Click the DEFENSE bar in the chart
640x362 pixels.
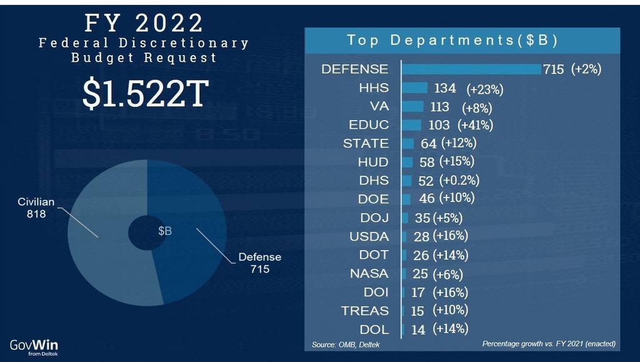471,69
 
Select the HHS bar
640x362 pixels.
414,88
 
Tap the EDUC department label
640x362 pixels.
371,125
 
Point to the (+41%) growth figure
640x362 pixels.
476,125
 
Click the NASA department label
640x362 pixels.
370,274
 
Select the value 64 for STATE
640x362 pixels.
428,144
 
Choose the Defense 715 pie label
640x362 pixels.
260,263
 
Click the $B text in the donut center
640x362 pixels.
164,231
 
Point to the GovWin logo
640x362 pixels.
34,346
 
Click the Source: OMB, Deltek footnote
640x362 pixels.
346,344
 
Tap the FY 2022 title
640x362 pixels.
144,23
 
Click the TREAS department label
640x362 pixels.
365,311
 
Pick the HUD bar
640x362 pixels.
407,163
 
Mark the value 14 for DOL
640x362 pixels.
418,329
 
